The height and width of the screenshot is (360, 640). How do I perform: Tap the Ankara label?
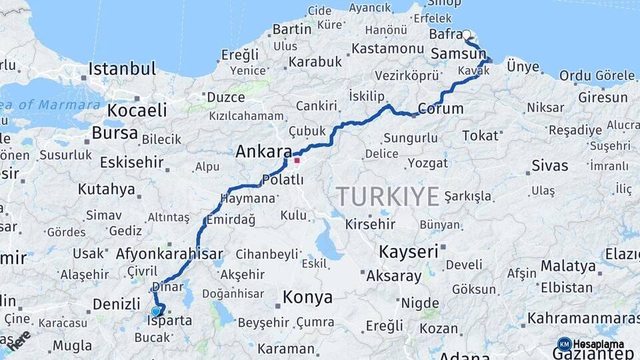pos(263,152)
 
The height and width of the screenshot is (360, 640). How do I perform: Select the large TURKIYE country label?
pos(387,197)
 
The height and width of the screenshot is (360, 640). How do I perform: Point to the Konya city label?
pos(307,297)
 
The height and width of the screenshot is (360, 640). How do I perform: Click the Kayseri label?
pos(409,252)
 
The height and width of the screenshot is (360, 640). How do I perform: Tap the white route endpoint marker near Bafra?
pos(466,35)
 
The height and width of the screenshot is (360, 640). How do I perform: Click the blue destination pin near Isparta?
pos(156,311)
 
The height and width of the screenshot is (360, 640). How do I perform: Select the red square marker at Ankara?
pos(297,160)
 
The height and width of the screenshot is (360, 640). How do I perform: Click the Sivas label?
pos(550,165)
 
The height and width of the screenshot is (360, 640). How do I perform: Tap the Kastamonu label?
pos(388,49)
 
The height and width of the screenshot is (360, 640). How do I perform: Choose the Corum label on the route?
pos(440,109)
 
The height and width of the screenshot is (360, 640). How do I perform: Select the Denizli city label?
pos(116,304)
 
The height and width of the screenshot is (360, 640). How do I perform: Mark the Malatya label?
pos(568,266)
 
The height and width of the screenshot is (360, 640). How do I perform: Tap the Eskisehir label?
pos(131,162)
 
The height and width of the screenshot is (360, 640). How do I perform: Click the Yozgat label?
pos(427,163)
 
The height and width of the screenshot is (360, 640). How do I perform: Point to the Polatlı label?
pos(283,180)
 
